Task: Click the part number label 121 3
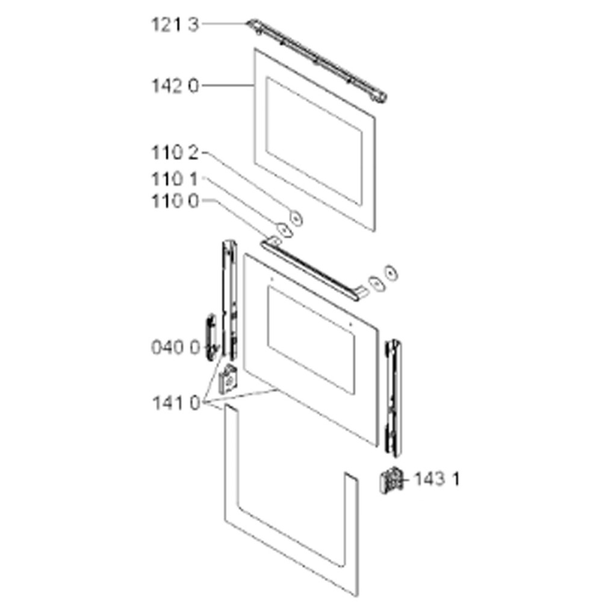(x=175, y=25)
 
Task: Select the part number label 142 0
(x=175, y=86)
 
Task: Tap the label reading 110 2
(x=175, y=153)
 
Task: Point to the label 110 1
(x=175, y=179)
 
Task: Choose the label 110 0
(x=175, y=201)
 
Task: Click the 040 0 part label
(x=176, y=347)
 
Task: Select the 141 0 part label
(x=176, y=403)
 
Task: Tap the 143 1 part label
(x=436, y=479)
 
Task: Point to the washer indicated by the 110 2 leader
(x=296, y=219)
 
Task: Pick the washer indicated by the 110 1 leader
(x=284, y=229)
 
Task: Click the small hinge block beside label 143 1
(x=391, y=480)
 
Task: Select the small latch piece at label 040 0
(x=211, y=337)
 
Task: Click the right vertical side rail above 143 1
(x=394, y=398)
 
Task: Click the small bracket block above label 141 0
(x=228, y=380)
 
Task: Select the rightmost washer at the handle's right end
(x=391, y=273)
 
